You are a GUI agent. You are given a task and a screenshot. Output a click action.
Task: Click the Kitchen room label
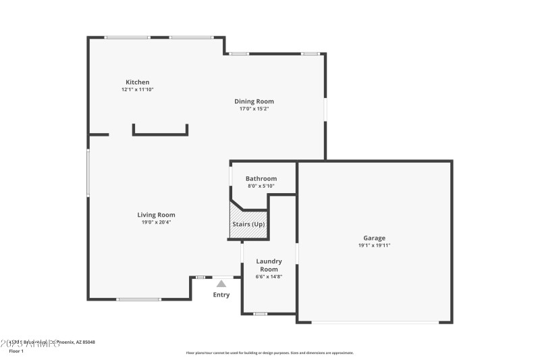coord(138,82)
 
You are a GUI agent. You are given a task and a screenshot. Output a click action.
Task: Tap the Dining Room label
coord(254,101)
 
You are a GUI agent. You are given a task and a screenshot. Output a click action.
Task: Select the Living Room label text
coord(156,215)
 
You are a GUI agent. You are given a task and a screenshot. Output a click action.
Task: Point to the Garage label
coord(374,238)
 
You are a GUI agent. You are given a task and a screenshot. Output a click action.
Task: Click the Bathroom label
coord(261,179)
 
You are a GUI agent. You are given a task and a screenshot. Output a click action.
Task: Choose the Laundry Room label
coord(269,265)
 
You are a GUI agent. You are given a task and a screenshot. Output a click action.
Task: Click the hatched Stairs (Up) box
coord(249,224)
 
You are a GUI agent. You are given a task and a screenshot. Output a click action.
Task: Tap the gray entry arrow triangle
coord(221,284)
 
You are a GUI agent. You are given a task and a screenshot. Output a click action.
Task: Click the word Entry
coord(221,294)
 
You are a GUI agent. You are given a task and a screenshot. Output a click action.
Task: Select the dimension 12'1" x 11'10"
coord(138,90)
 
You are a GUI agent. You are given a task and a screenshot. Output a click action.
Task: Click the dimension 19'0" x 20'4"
coord(156,222)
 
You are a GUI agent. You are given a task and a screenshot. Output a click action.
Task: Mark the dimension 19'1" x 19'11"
coord(374,245)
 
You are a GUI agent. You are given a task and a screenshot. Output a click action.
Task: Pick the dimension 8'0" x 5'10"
coord(261,186)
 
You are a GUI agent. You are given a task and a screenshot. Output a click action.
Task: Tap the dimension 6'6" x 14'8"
coord(269,276)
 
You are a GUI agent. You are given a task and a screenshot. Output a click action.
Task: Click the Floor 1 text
coord(16,351)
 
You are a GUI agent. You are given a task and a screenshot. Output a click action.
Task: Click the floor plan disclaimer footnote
coord(269,353)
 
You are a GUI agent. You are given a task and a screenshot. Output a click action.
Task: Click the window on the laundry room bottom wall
coord(260,313)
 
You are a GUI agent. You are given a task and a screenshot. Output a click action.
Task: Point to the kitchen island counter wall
coord(160,134)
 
